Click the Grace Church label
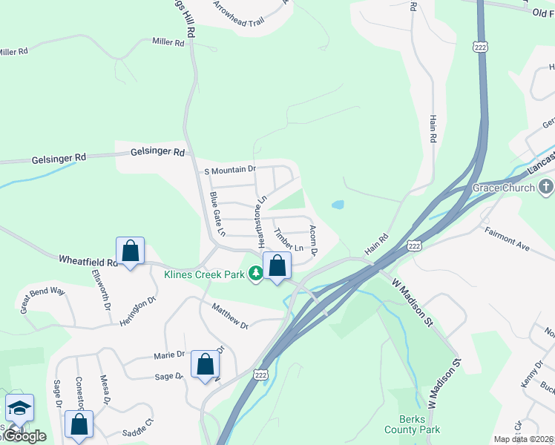point(503,188)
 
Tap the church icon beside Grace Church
point(547,187)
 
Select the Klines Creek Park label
point(204,274)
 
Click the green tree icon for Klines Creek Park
point(255,274)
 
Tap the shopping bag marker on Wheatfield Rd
point(130,252)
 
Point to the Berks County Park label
point(412,424)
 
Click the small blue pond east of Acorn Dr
point(338,204)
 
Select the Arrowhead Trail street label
point(238,15)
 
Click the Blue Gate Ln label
point(217,214)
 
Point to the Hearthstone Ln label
point(260,222)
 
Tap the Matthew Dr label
point(229,314)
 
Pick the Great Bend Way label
point(43,297)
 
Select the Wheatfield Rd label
point(88,260)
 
